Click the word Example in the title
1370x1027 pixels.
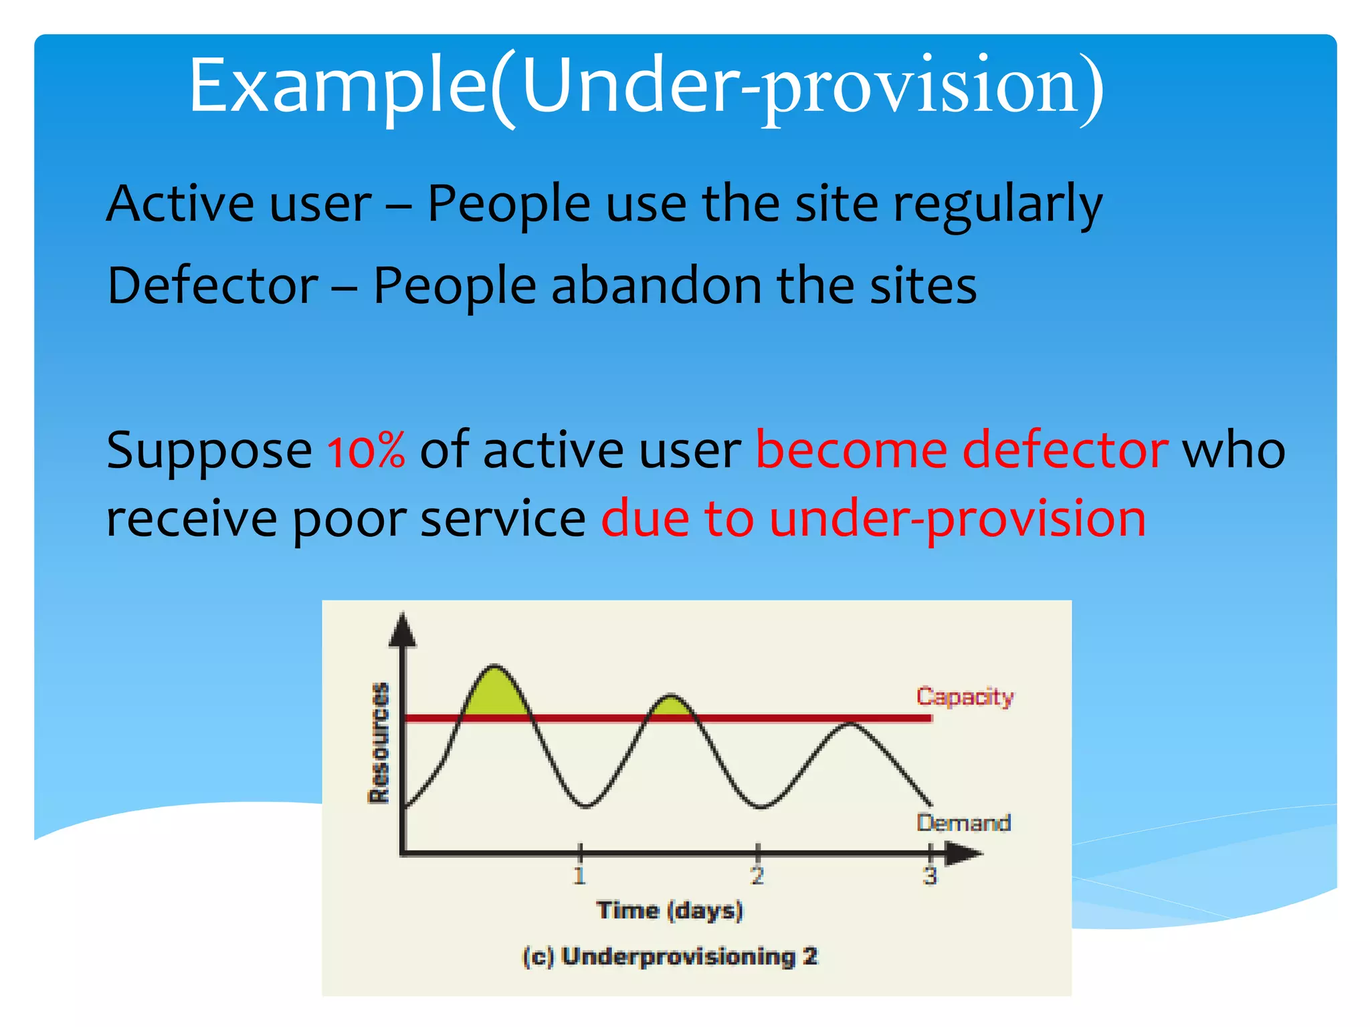point(338,87)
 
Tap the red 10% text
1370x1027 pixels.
point(366,450)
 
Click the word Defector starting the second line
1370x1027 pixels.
point(213,286)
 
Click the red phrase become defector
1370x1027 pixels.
point(961,450)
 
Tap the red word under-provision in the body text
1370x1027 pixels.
point(957,519)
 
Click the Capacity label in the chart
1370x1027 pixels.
point(965,697)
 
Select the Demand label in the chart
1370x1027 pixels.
point(963,822)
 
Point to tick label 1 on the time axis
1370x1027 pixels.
point(579,875)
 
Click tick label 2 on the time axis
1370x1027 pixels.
point(757,875)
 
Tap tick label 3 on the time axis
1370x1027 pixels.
point(930,875)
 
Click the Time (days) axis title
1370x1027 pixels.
point(670,911)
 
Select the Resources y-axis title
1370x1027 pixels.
point(379,742)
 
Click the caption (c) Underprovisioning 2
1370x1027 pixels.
point(670,957)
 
